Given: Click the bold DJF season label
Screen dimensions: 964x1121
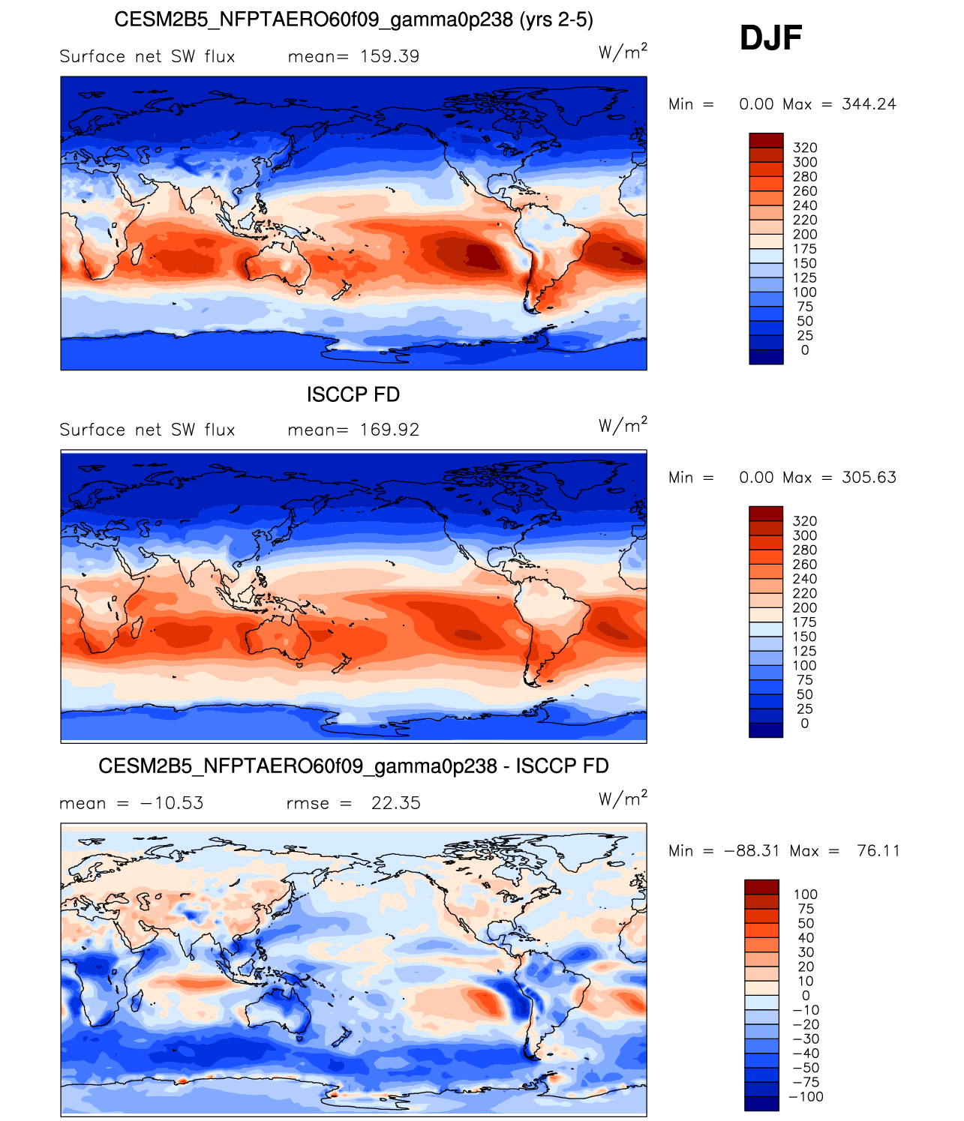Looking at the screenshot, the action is [770, 38].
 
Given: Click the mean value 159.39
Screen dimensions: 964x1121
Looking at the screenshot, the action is [389, 56].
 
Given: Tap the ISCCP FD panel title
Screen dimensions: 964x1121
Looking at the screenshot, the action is [353, 394].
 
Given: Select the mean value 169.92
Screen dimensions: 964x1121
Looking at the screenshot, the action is [389, 430].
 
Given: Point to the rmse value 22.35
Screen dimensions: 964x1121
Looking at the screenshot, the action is [395, 802].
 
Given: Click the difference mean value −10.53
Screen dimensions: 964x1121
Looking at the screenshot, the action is [172, 802].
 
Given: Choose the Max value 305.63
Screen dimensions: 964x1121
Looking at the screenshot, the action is [869, 477].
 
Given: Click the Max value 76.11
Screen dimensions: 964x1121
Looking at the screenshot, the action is [878, 850].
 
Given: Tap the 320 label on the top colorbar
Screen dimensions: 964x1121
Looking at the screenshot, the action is [804, 148].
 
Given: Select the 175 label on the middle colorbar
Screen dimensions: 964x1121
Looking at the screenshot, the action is [804, 622].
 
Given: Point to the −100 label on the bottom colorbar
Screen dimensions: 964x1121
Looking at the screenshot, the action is [806, 1096].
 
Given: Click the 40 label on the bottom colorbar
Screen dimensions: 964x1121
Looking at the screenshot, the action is [806, 938].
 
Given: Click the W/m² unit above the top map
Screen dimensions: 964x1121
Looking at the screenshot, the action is [623, 52].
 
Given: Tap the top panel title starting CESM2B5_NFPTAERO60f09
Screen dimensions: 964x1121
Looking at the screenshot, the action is [353, 19].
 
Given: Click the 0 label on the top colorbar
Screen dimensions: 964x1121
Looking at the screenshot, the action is [804, 350].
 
